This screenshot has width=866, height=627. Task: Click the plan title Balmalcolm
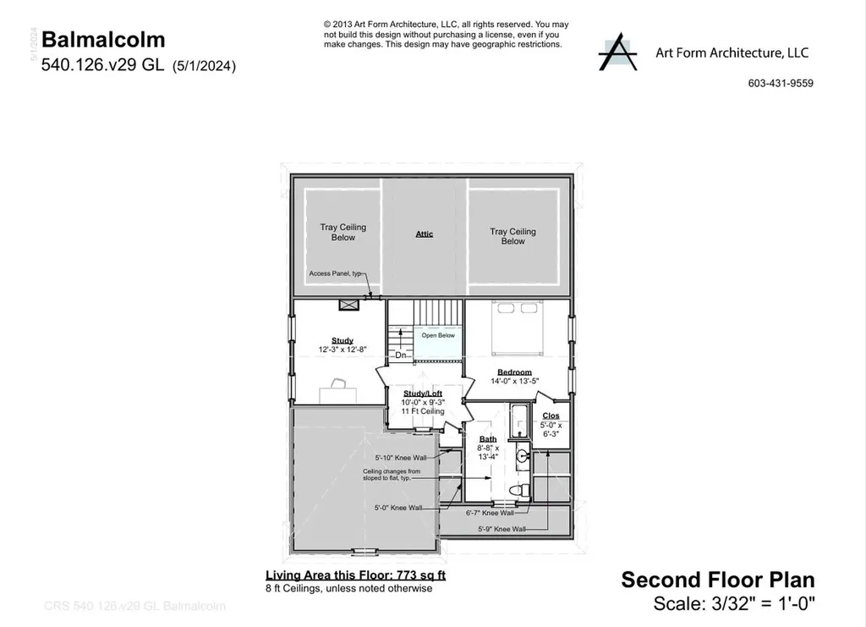(103, 39)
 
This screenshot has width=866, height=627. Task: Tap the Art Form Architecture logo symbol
(617, 52)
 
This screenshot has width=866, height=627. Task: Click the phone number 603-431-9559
(781, 83)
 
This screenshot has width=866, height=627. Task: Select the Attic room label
(425, 234)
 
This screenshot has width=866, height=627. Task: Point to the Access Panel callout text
(335, 273)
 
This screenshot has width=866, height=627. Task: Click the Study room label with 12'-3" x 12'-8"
(343, 344)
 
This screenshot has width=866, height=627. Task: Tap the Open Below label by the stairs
(438, 335)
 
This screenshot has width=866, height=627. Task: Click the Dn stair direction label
(402, 355)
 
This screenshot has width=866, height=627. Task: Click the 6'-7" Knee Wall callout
(490, 513)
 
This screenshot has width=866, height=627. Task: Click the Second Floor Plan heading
(718, 580)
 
